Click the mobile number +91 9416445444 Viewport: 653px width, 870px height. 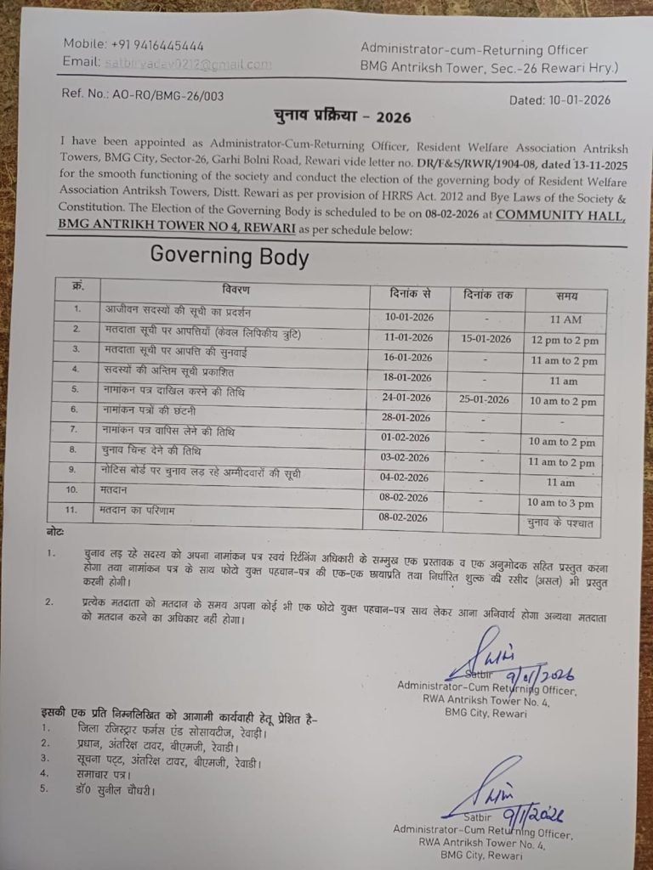(x=157, y=45)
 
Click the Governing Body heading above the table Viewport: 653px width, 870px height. (x=230, y=256)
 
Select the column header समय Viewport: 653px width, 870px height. (x=566, y=296)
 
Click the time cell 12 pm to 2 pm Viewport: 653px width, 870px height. (x=565, y=341)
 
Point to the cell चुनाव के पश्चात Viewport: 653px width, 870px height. (x=562, y=523)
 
